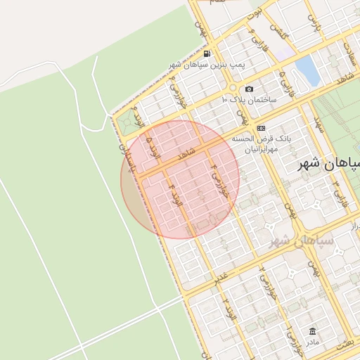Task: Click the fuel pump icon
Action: (206, 53)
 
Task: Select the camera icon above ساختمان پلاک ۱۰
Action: (249, 89)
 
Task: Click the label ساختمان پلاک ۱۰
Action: (249, 100)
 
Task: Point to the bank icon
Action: (261, 128)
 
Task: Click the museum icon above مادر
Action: (312, 331)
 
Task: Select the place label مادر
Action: (312, 342)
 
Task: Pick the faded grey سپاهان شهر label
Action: (305, 239)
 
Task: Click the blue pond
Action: (307, 68)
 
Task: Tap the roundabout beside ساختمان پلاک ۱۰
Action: (232, 88)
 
